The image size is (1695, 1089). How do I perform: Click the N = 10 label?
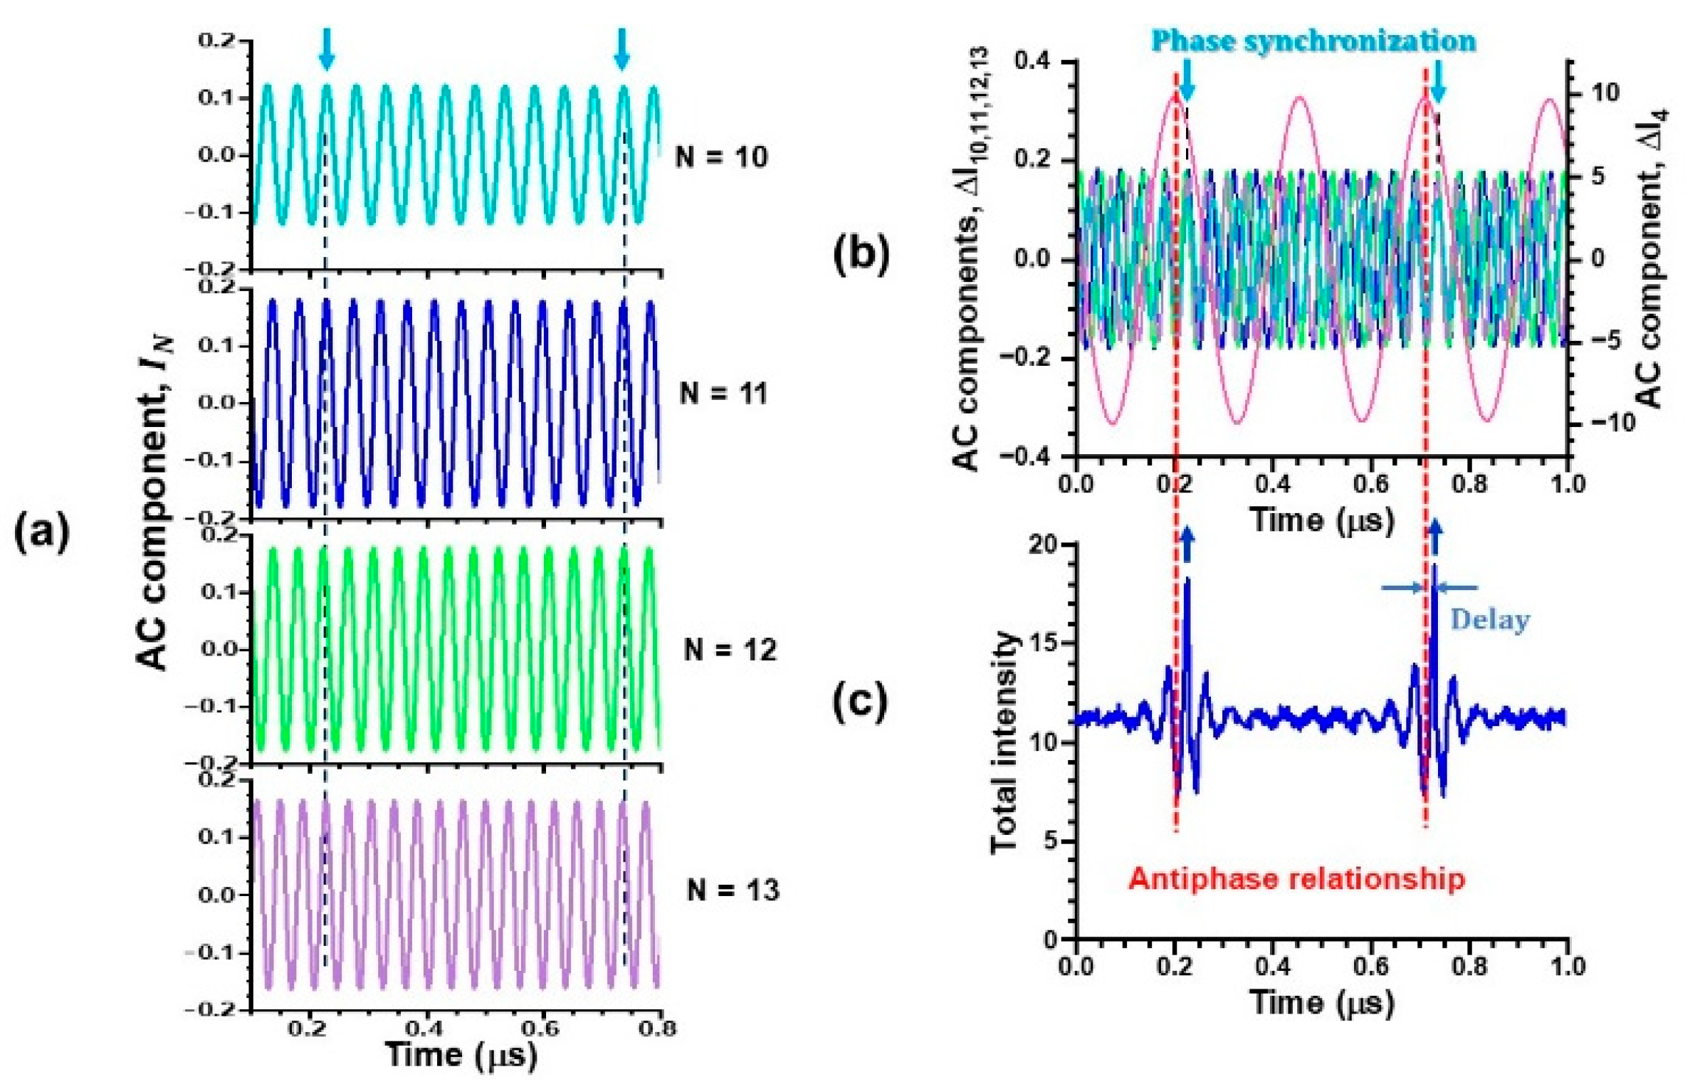click(720, 156)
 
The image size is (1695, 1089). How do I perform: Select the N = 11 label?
click(723, 393)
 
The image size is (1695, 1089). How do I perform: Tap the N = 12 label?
click(729, 649)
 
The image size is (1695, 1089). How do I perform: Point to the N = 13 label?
click(733, 890)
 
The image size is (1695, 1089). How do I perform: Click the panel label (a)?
click(42, 533)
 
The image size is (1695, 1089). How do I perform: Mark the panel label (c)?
click(861, 701)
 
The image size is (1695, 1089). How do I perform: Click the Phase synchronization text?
click(1313, 41)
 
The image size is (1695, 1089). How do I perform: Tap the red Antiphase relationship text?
click(1296, 879)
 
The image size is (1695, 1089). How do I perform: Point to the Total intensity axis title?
click(1004, 740)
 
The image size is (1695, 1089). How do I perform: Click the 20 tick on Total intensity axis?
click(1042, 546)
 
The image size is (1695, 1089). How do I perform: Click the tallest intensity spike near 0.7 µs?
click(1434, 569)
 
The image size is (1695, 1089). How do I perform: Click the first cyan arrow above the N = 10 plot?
click(326, 48)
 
